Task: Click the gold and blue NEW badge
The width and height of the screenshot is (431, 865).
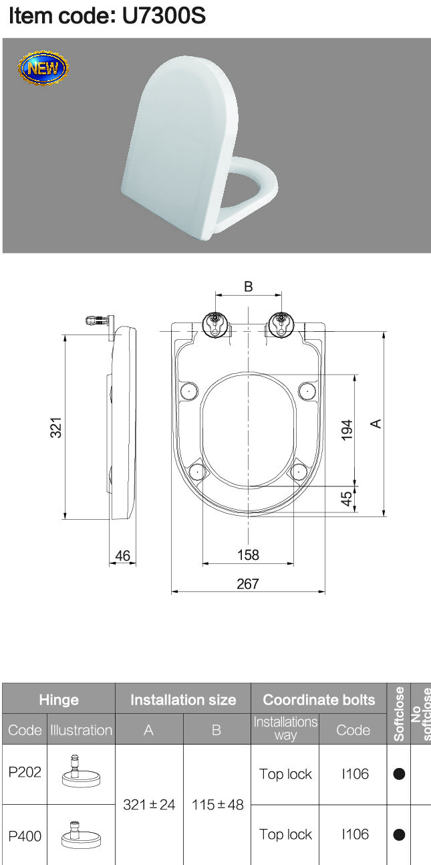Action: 43,68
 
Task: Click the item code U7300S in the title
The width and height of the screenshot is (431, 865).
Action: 164,16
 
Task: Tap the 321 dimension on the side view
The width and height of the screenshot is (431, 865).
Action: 56,427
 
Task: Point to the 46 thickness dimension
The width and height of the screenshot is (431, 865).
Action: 123,556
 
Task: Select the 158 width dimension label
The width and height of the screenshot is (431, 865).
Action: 248,555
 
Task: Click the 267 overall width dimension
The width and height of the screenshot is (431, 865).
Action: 248,583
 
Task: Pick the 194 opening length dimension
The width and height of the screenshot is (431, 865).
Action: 347,429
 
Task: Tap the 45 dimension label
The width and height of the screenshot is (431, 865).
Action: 347,498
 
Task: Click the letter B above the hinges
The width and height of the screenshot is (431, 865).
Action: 249,286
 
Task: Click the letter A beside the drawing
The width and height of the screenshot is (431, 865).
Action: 376,423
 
